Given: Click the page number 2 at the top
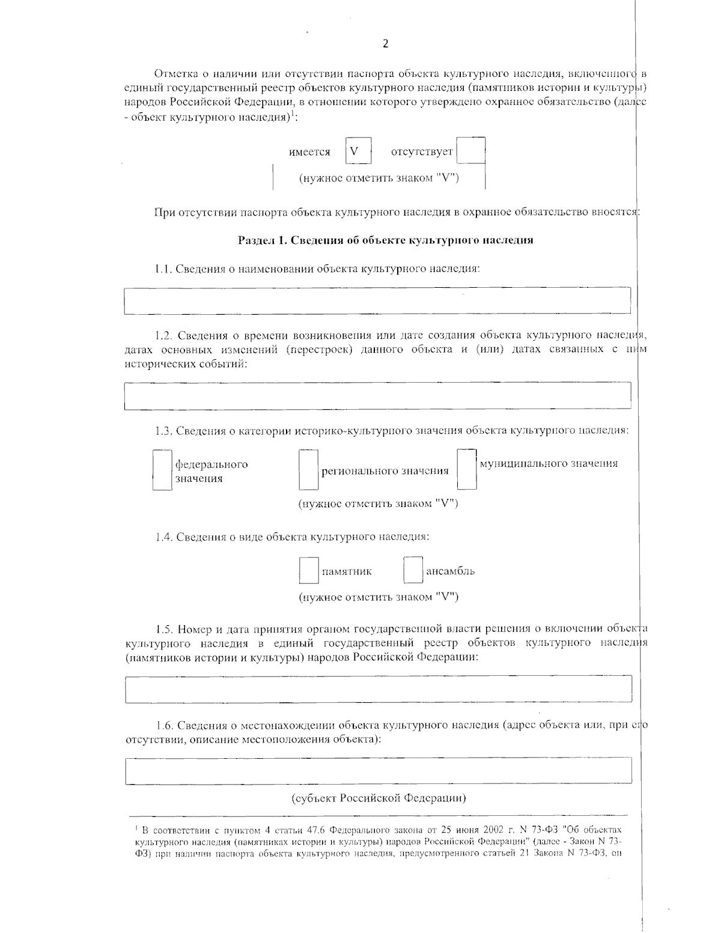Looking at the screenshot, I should [385, 43].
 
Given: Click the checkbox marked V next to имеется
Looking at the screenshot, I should [358, 151].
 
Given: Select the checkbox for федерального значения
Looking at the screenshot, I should [162, 470].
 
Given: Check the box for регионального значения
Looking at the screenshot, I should [308, 470].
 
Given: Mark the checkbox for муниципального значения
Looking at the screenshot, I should [466, 469].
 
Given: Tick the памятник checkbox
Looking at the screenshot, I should [309, 571].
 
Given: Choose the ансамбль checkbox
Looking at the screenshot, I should [413, 570].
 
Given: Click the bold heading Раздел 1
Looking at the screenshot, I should [385, 240].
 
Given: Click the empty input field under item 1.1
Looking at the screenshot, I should [377, 300].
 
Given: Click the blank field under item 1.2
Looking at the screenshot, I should [377, 395].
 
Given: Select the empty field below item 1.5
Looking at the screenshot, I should [379, 688].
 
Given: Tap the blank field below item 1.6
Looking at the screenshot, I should [379, 770].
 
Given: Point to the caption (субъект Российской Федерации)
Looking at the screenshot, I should [379, 798].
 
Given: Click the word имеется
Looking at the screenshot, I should [309, 152].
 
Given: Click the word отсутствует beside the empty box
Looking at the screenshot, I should [421, 152].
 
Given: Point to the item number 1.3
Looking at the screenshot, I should [163, 431].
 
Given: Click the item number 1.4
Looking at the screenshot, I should [164, 536].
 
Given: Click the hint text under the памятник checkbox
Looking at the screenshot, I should [379, 597].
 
